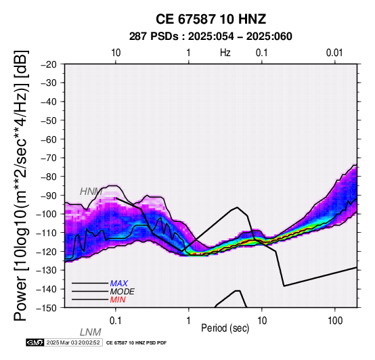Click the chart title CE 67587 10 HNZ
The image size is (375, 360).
click(211, 19)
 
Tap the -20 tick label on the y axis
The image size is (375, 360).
click(49, 64)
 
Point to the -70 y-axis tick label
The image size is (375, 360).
click(49, 158)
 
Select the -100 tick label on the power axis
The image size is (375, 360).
click(47, 214)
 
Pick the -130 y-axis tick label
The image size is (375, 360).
click(47, 270)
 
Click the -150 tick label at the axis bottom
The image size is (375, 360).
click(47, 308)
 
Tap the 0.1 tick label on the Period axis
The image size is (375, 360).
click(116, 321)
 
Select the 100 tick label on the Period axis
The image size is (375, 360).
click(335, 321)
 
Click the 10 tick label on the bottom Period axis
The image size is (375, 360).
click(262, 321)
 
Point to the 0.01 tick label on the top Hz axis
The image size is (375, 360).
click(334, 53)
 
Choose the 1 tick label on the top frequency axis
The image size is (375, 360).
click(188, 53)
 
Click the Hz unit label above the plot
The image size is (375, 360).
click(225, 53)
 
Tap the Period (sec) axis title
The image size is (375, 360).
click(225, 328)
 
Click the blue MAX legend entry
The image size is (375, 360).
click(119, 284)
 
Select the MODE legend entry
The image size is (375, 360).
click(123, 292)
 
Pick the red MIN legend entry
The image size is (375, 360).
click(118, 300)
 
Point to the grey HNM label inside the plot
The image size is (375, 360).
click(91, 192)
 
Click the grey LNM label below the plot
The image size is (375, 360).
click(91, 332)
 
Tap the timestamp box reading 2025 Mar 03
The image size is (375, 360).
click(73, 342)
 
